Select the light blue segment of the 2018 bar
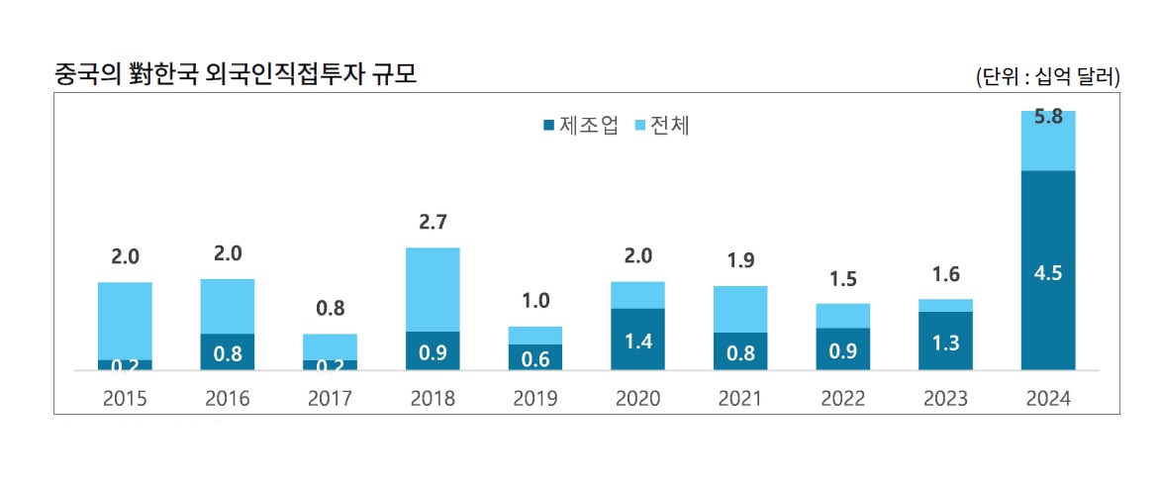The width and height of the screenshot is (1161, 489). (x=433, y=289)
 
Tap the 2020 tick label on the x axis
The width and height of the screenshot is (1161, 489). (x=638, y=399)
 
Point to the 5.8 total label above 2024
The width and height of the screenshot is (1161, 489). (x=1048, y=117)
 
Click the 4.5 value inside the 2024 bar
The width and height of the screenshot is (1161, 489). (x=1047, y=274)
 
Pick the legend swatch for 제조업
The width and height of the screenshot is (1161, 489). (x=548, y=126)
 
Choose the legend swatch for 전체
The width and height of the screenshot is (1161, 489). (x=639, y=126)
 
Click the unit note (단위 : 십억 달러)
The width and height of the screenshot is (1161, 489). (x=1047, y=76)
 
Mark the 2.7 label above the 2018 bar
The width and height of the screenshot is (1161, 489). (x=433, y=222)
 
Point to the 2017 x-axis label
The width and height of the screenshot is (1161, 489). (x=330, y=399)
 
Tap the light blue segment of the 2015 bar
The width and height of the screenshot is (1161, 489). (x=125, y=321)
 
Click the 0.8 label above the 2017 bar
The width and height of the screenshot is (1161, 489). (x=330, y=308)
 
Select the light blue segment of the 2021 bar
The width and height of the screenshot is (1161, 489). (x=740, y=309)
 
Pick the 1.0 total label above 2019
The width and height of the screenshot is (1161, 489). (x=535, y=301)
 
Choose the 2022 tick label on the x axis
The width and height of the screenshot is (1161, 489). (x=842, y=399)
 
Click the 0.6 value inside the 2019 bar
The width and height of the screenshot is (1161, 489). (x=535, y=358)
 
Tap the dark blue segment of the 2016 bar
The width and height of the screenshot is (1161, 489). (x=228, y=351)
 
